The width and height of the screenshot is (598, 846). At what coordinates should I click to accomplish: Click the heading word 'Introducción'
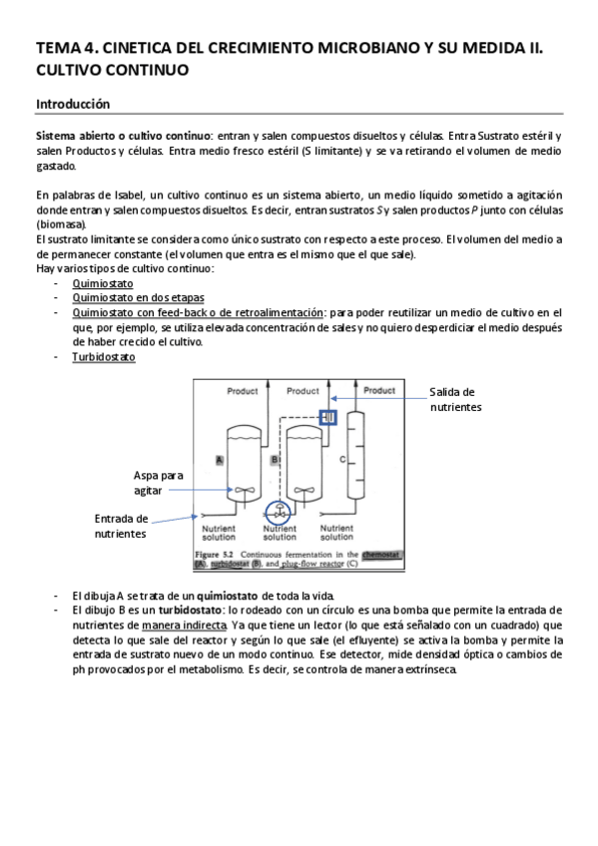click(x=73, y=104)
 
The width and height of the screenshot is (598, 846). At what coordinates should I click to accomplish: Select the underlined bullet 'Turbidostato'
click(x=104, y=356)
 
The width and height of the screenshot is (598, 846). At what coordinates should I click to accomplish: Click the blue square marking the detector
click(x=328, y=418)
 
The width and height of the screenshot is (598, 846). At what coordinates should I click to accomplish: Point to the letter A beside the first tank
click(x=218, y=460)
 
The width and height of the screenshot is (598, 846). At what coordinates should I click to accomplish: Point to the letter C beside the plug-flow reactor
click(x=342, y=460)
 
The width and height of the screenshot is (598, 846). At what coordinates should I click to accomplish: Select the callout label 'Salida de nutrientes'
click(x=453, y=399)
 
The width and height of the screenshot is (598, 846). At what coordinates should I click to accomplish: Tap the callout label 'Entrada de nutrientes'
click(x=122, y=526)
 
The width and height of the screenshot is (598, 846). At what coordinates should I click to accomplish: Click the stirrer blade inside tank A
click(x=244, y=490)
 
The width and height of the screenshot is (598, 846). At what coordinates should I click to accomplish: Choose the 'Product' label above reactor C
click(x=379, y=390)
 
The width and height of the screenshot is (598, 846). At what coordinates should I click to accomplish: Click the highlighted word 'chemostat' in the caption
click(x=380, y=554)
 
